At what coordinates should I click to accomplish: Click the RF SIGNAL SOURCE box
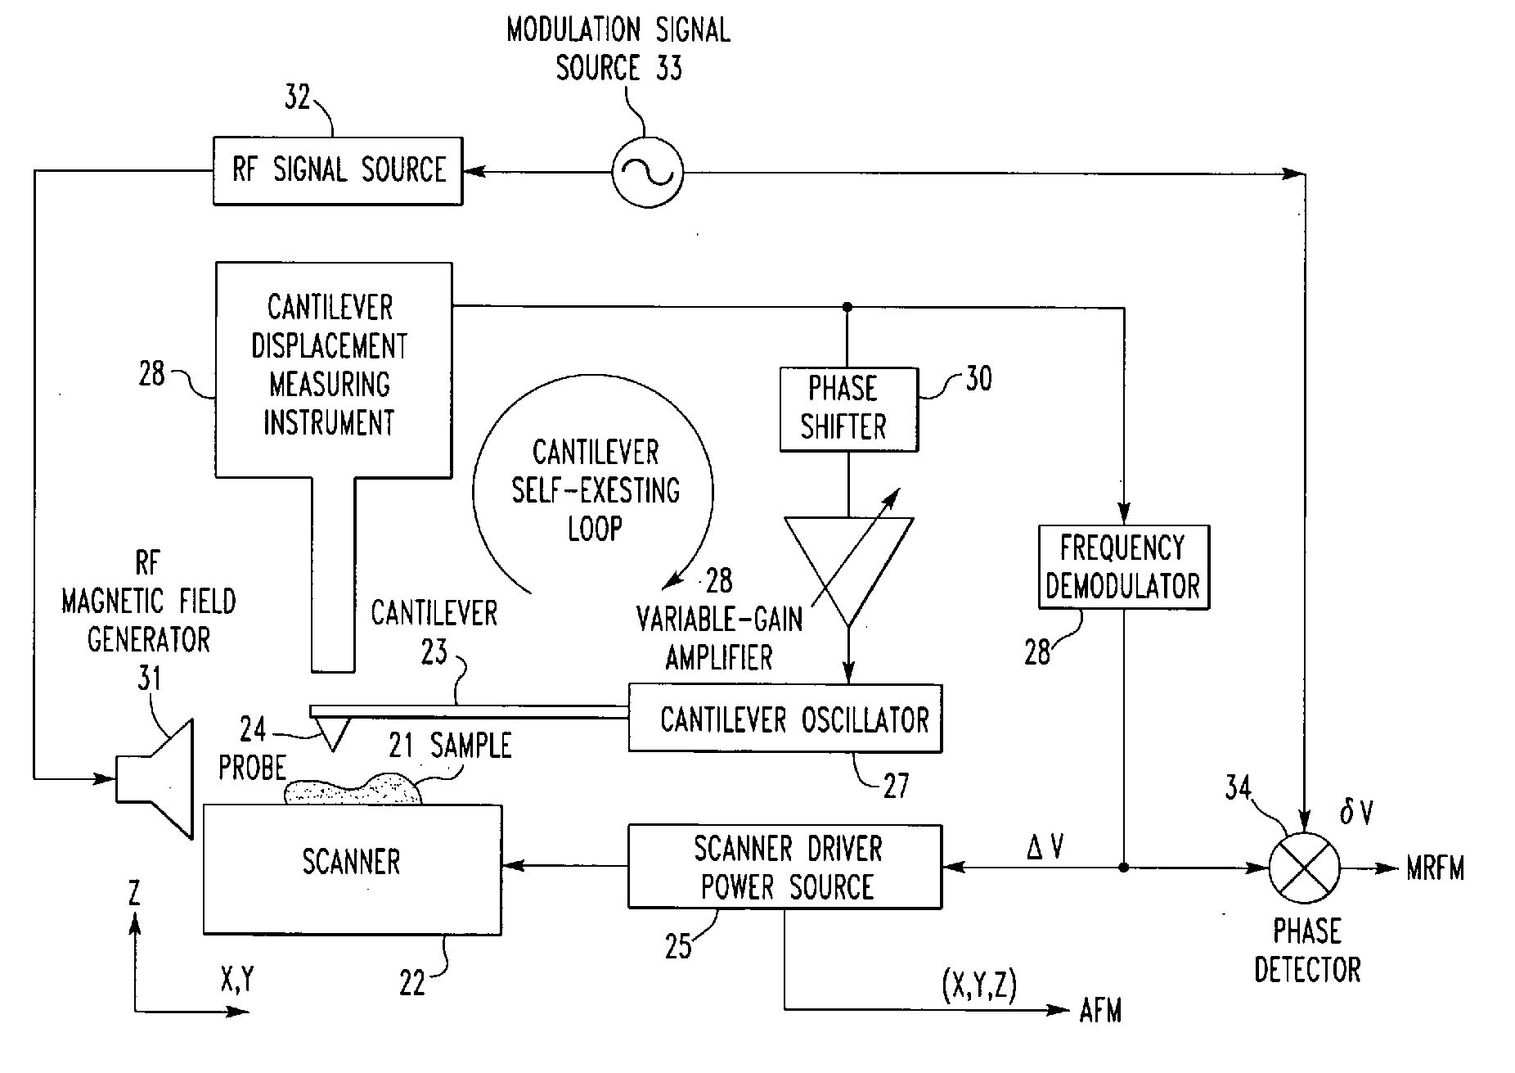click(338, 171)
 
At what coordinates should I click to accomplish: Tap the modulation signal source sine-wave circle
click(647, 173)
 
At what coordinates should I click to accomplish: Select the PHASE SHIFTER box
click(848, 409)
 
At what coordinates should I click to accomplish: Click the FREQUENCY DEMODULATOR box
click(1123, 567)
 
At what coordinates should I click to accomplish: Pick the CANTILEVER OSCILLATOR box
click(784, 719)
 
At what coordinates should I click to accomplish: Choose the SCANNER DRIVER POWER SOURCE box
click(784, 868)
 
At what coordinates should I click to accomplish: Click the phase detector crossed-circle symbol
click(1305, 868)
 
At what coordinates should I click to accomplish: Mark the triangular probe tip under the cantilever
click(331, 732)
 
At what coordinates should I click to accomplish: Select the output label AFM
click(1100, 1012)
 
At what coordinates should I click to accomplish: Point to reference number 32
click(297, 98)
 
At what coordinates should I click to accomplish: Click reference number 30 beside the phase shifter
click(978, 378)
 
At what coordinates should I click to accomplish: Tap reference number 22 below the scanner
click(412, 983)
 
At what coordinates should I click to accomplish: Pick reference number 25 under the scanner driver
click(678, 947)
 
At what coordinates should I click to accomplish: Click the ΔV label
click(1045, 848)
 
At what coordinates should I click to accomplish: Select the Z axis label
click(134, 893)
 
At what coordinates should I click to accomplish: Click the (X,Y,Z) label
click(979, 988)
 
